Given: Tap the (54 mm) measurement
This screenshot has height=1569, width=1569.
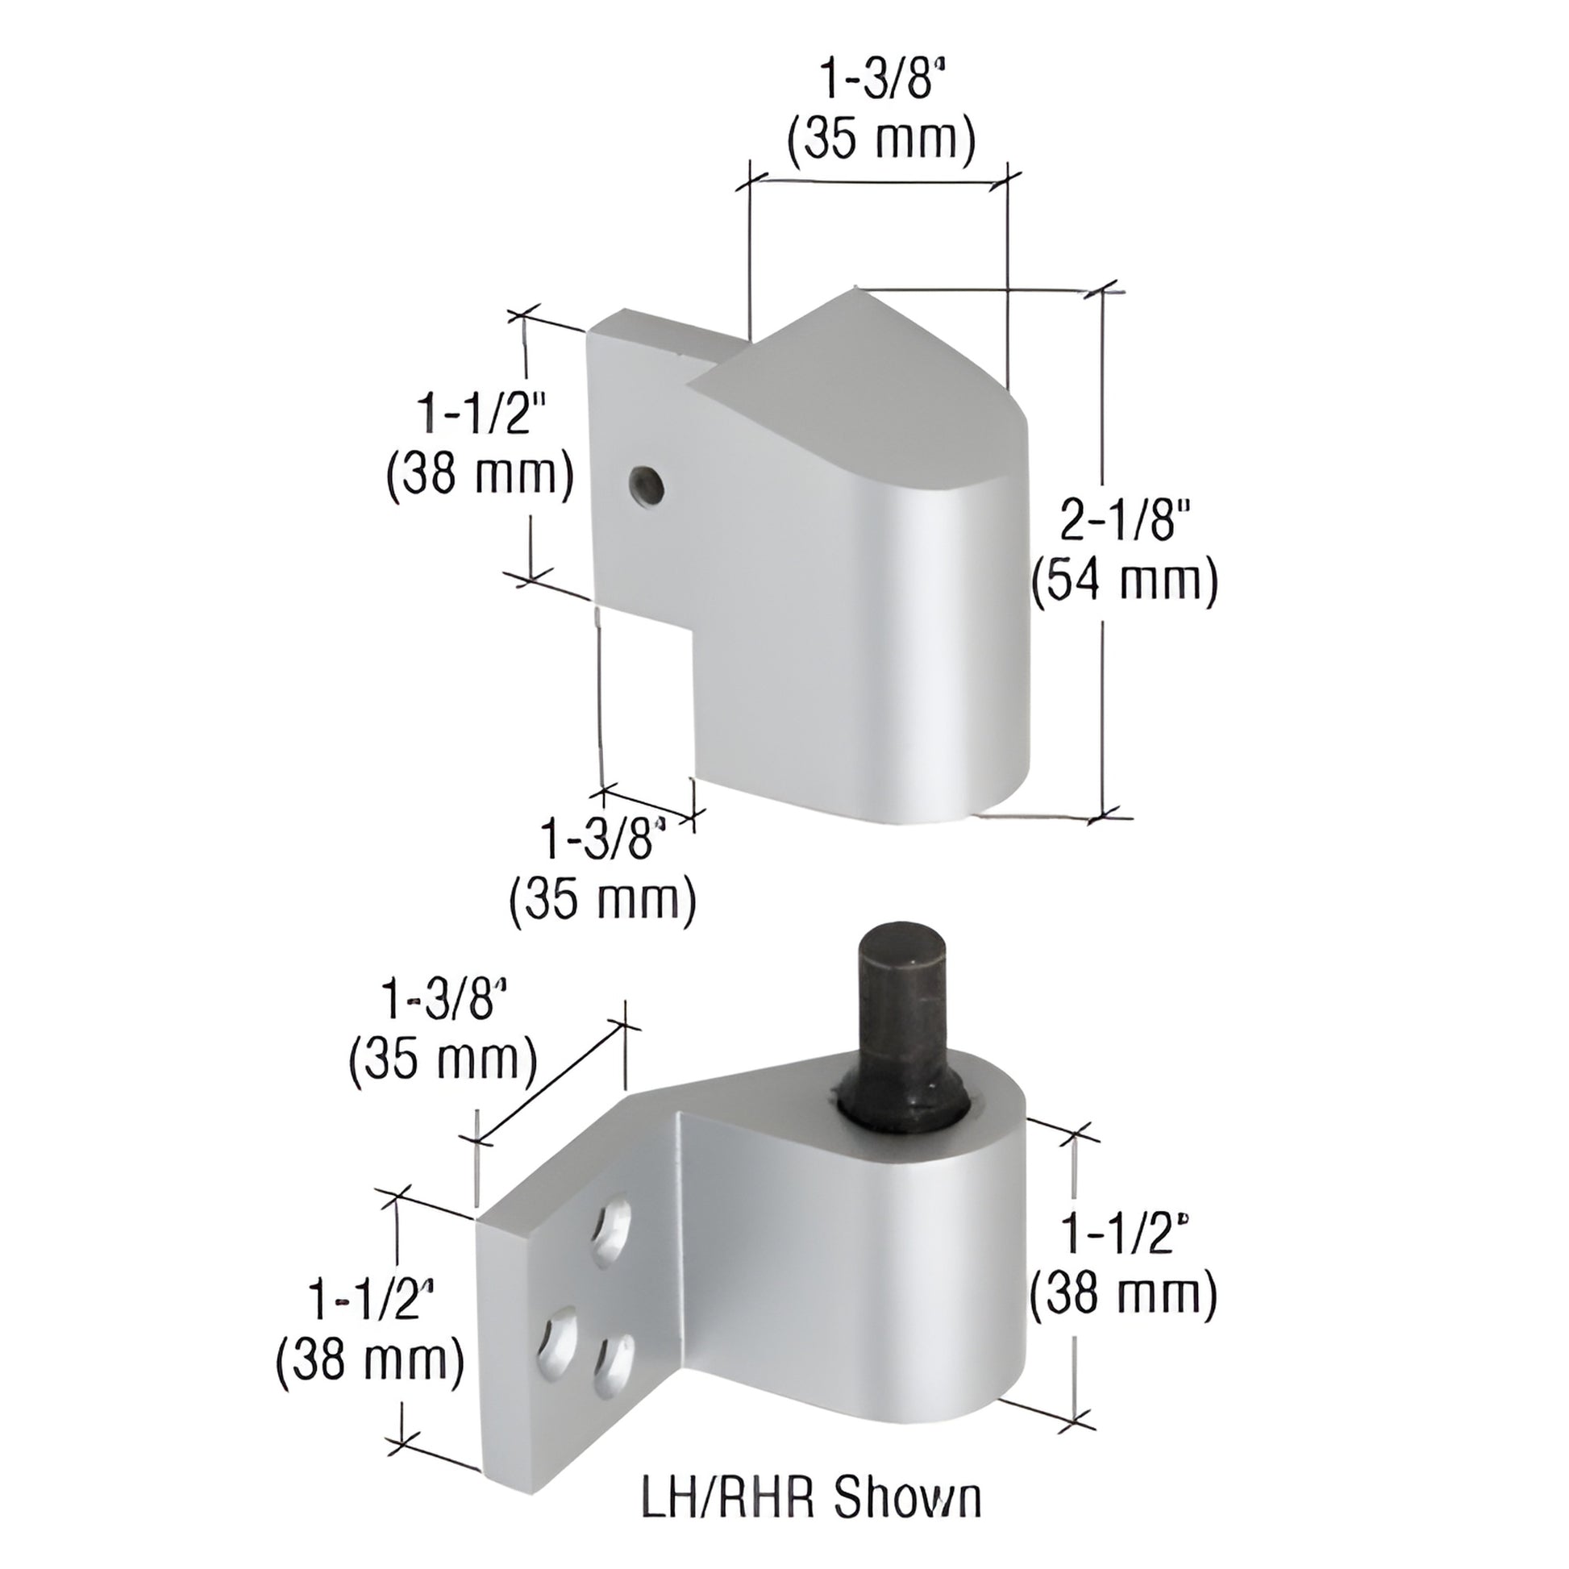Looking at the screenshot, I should click(x=1125, y=581).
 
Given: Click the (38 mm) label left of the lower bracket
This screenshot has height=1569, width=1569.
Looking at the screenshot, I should click(x=370, y=1362).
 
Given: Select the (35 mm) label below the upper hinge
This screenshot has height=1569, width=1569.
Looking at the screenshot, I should click(x=602, y=898).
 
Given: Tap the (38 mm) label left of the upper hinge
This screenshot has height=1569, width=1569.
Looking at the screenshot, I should click(x=480, y=474).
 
